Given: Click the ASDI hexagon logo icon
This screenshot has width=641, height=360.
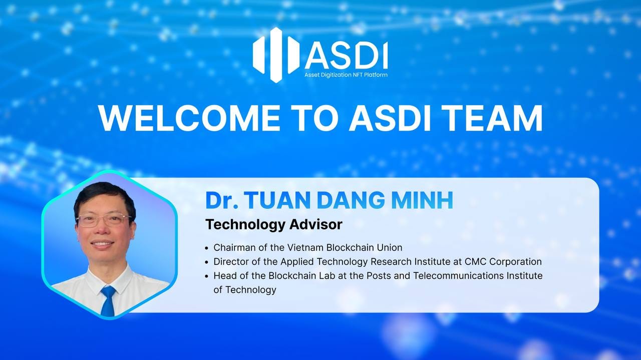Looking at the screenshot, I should point(276,54).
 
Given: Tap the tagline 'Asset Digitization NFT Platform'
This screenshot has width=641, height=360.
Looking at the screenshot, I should point(346,75).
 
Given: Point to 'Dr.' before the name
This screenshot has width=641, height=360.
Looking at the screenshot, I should point(221,200).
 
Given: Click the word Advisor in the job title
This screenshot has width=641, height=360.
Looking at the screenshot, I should point(315,224).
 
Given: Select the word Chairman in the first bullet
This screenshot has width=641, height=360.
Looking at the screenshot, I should point(234,247).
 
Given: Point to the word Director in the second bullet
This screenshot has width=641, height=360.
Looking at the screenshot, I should point(231,261).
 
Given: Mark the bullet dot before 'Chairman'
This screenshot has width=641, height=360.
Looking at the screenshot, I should point(207,248).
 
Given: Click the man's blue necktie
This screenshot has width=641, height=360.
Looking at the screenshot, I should point(108,300).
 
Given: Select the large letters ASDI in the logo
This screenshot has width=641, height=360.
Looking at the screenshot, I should point(346,56).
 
